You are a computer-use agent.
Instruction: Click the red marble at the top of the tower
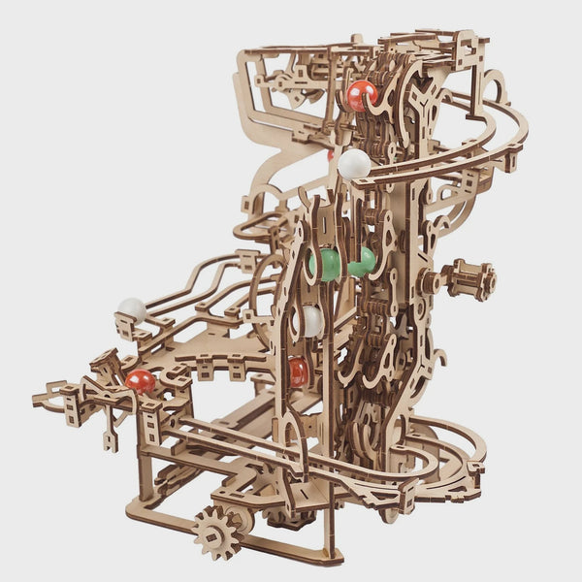coord(361,95)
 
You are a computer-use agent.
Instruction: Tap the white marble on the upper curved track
coord(354,164)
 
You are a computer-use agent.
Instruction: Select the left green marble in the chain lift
coord(327,265)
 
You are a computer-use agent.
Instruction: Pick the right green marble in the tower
coord(364,261)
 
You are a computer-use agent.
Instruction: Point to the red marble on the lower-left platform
coord(140,380)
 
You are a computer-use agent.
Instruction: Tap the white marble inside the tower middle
coord(310,321)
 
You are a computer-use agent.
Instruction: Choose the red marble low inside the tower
coord(299,371)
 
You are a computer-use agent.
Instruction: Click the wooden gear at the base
coord(218,532)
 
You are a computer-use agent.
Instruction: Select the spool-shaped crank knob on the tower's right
coord(471,280)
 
